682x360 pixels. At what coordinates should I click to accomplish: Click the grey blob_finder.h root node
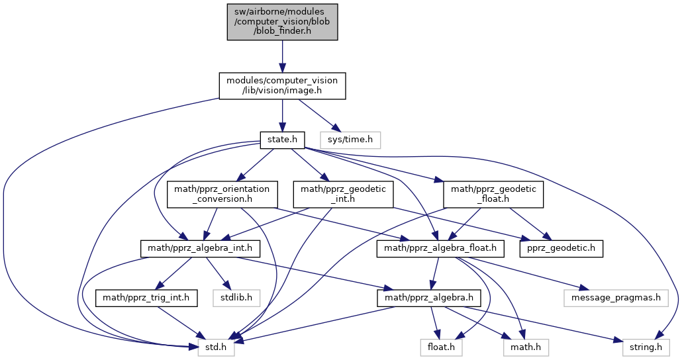coord(282,22)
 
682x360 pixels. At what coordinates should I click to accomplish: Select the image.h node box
coord(282,85)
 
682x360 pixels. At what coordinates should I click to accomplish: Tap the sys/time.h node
coord(350,140)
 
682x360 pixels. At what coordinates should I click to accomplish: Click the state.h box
coord(282,140)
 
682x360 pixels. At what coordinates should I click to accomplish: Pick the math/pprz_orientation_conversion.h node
coord(222,194)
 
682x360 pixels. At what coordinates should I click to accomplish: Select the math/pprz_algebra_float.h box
coord(440,248)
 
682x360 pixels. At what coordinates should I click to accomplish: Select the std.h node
coord(216,347)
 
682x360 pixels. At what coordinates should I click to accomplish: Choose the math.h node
coord(525,347)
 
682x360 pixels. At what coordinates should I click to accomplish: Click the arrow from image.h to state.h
coord(282,115)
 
